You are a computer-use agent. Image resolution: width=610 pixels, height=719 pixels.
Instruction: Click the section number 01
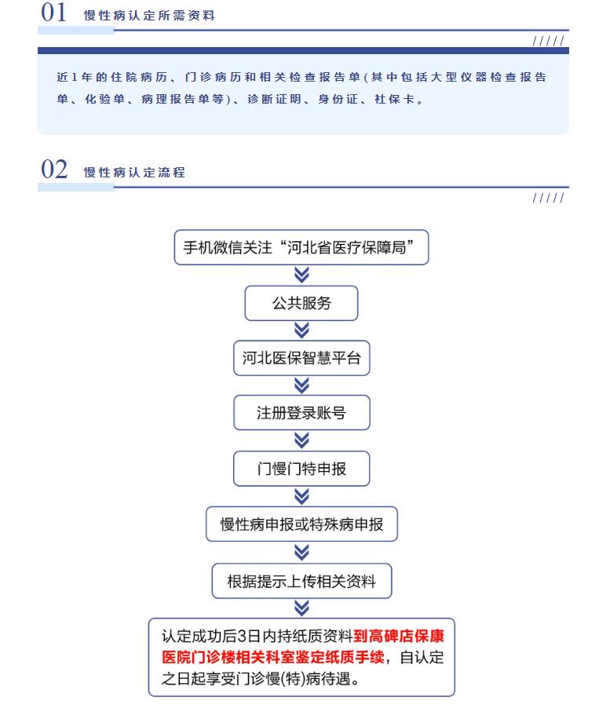point(53,13)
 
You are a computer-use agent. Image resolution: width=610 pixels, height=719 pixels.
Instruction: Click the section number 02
point(54,170)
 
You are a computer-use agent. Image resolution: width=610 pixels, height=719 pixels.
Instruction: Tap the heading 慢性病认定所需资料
point(149,16)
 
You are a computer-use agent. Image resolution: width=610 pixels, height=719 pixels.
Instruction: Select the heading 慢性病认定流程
point(134,173)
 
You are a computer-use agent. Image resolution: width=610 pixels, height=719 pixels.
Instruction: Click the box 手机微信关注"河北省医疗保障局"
point(301,247)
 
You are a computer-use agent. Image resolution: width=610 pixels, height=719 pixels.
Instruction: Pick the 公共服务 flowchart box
point(301,303)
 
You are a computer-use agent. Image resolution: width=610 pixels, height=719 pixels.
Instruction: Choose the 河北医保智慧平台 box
point(301,358)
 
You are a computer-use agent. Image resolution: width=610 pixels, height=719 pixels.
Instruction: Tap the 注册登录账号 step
point(301,413)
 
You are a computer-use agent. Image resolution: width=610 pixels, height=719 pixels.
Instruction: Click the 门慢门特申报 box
point(301,469)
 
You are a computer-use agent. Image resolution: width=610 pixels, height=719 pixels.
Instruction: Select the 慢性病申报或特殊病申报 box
point(301,524)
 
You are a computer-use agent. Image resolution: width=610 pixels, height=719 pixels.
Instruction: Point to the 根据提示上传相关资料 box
point(301,581)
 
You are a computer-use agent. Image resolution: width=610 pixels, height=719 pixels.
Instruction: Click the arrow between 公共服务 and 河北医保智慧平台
point(301,330)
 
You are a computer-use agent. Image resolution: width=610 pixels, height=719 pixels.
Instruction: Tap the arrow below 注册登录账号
point(301,440)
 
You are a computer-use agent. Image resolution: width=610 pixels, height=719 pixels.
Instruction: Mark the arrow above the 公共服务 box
point(301,276)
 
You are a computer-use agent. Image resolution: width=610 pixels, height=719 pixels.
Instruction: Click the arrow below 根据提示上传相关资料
point(301,608)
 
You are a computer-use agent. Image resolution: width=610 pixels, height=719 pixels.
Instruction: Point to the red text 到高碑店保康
point(399,636)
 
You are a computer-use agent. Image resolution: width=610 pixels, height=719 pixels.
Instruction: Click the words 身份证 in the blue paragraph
point(338,99)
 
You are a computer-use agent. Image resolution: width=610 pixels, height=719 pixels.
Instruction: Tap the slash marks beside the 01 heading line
point(549,41)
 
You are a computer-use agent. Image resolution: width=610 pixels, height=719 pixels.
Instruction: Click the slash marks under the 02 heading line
point(549,198)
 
